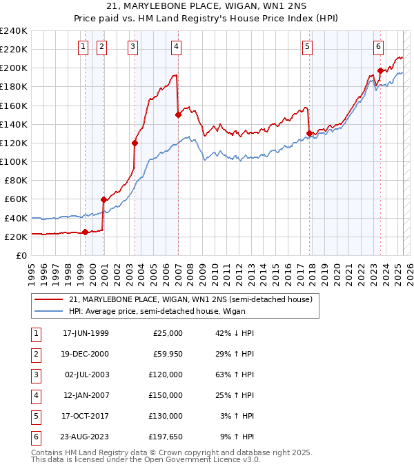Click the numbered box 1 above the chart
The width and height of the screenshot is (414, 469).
(x=83, y=47)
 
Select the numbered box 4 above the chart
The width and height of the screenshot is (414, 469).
(x=177, y=47)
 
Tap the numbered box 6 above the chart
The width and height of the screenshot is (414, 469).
(x=379, y=47)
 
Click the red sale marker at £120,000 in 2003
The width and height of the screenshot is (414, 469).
(x=135, y=143)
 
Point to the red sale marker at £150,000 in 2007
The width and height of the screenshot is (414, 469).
(x=178, y=115)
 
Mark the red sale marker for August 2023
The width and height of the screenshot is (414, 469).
(x=380, y=70)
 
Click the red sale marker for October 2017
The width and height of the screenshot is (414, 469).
(x=309, y=133)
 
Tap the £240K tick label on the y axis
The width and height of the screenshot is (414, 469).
(x=14, y=31)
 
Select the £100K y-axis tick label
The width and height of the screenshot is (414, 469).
(x=14, y=161)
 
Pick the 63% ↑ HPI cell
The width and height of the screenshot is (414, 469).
(x=235, y=375)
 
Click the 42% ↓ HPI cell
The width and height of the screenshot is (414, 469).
(x=235, y=334)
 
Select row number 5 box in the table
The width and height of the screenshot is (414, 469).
(x=34, y=416)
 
